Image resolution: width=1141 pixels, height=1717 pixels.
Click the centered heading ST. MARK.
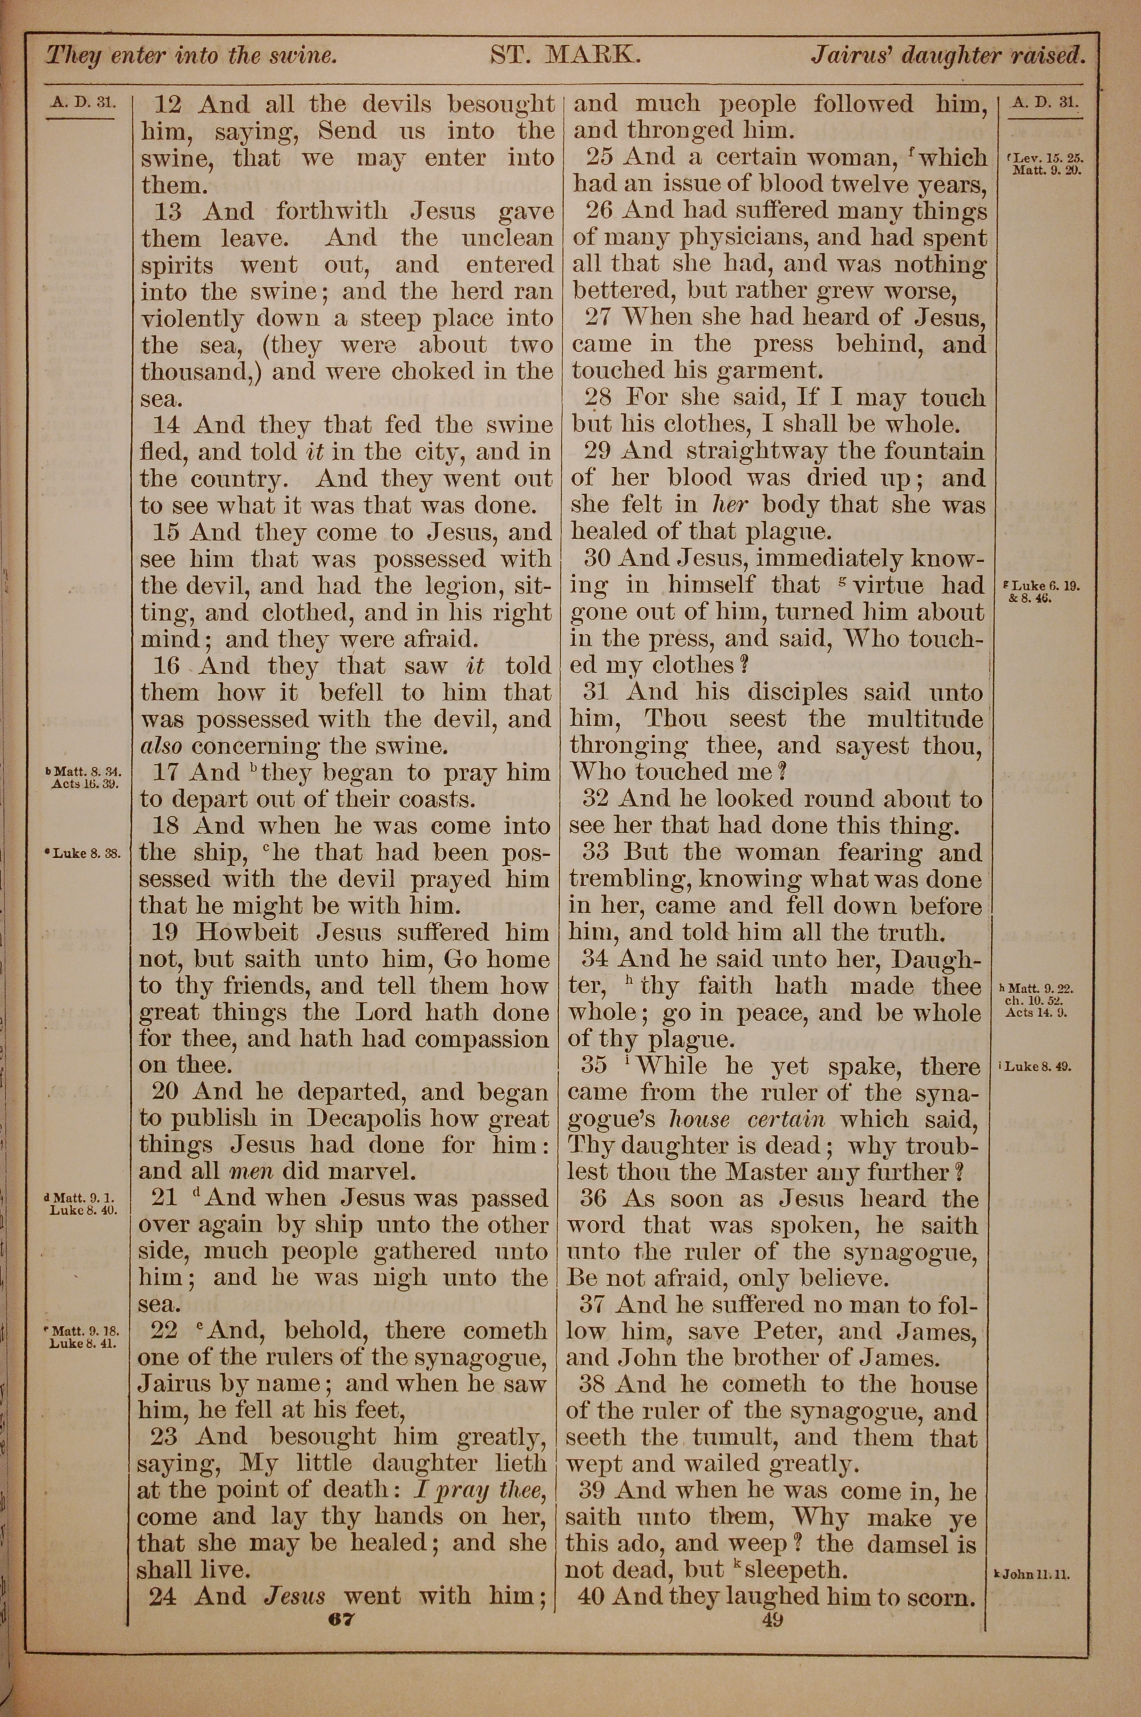pyautogui.click(x=565, y=55)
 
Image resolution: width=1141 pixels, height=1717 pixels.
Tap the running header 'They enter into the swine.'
pyautogui.click(x=191, y=56)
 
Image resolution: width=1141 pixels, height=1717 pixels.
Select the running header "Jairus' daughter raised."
pyautogui.click(x=948, y=55)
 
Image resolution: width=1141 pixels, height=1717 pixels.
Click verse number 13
pyautogui.click(x=168, y=212)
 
